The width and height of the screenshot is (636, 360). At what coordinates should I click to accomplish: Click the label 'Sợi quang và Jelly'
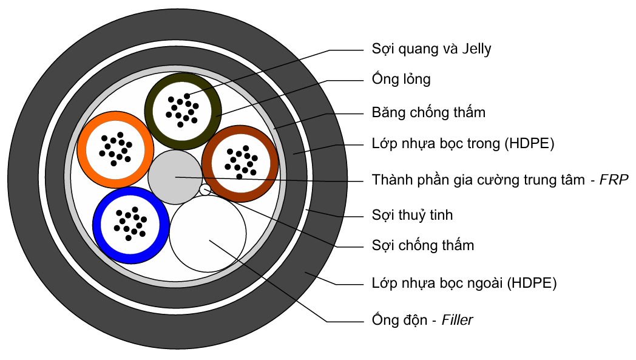(x=431, y=49)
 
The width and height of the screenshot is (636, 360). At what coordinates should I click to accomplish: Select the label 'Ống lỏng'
(x=401, y=80)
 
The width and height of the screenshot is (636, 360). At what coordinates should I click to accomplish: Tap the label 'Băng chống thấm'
(x=428, y=113)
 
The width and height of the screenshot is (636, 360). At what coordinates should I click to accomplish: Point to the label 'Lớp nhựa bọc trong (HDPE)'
(x=462, y=144)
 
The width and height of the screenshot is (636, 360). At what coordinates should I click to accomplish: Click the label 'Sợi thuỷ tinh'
(x=412, y=215)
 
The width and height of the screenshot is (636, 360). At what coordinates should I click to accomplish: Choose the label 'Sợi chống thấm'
(x=422, y=246)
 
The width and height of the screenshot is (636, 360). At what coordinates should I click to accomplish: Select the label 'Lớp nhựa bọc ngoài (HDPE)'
(x=464, y=283)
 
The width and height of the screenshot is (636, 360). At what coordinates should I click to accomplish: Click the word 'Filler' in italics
(x=457, y=320)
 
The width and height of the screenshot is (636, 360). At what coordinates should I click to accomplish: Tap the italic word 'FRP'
(x=614, y=180)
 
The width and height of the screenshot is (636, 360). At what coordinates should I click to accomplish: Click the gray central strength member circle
(x=175, y=177)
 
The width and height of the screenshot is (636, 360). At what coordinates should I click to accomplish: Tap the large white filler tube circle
(x=208, y=234)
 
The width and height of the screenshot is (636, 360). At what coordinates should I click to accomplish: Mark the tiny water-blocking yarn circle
(x=205, y=190)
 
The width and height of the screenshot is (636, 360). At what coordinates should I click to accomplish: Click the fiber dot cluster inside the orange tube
(x=115, y=149)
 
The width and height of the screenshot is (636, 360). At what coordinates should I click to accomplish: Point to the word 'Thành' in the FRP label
(x=390, y=180)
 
